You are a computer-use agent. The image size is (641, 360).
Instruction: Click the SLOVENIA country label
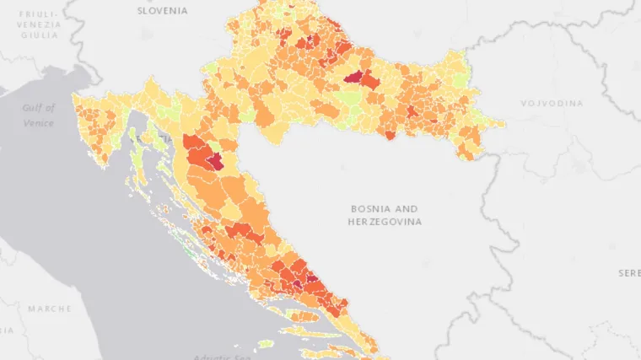click(x=164, y=10)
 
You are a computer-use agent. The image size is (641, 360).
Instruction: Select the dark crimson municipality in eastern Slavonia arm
click(x=353, y=78)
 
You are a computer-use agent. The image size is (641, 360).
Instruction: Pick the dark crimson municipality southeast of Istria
click(x=216, y=161)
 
